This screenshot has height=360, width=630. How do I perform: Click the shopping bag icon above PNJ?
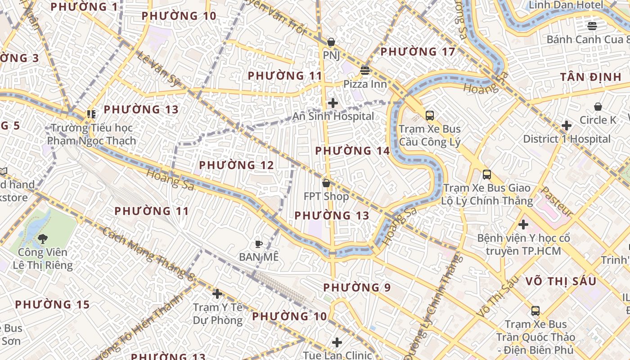[x=331, y=42]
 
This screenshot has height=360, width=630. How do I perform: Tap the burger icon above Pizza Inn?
[x=364, y=71]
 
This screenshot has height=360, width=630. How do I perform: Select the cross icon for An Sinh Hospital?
[x=333, y=103]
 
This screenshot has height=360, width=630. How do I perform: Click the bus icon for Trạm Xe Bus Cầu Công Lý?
[x=430, y=116]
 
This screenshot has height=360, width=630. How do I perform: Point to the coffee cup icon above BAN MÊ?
[x=259, y=244]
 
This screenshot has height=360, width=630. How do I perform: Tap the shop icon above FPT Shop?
[x=326, y=183]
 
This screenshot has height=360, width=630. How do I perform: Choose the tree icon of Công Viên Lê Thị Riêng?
[x=43, y=239]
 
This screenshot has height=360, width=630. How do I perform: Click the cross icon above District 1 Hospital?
[x=567, y=126]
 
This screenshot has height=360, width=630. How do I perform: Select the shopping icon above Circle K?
[x=598, y=107]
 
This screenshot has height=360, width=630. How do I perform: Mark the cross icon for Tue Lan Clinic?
[x=337, y=342]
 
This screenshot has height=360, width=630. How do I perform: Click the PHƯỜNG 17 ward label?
[x=418, y=52]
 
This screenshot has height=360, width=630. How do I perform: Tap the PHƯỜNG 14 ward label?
[x=352, y=151]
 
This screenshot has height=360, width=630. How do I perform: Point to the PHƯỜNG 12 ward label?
[x=236, y=165]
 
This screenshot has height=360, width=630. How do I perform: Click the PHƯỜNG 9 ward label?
[x=357, y=287]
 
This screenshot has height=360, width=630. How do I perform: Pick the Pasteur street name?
[x=556, y=201]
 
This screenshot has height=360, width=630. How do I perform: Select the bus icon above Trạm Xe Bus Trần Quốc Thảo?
[x=535, y=311]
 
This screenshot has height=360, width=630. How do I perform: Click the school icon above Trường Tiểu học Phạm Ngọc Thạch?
[x=92, y=114]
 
